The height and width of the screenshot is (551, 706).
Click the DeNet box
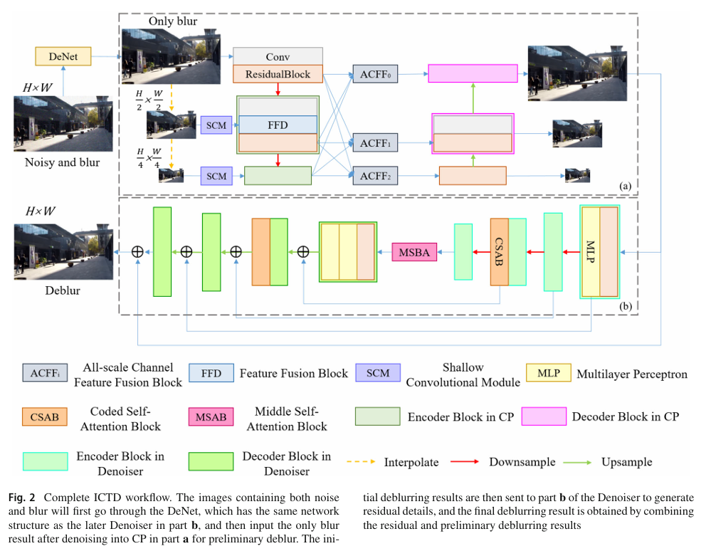point(63,56)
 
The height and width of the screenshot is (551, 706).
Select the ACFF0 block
point(375,73)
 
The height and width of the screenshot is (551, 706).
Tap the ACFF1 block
point(375,143)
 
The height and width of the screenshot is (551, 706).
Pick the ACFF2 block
point(375,174)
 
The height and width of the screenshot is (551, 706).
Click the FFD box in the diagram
point(278,125)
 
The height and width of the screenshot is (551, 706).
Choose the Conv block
point(278,57)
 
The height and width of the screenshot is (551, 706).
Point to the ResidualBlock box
point(278,74)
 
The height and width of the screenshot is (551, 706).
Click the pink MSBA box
point(414,252)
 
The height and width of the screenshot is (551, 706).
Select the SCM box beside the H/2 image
point(216,126)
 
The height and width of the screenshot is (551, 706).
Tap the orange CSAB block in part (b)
point(499,252)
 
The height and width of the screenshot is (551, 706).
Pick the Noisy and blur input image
point(63,124)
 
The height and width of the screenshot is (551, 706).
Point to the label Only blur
point(173,21)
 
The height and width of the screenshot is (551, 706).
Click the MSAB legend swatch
point(211,417)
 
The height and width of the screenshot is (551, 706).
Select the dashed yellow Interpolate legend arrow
point(361,462)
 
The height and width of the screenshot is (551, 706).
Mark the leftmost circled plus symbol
point(138,251)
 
